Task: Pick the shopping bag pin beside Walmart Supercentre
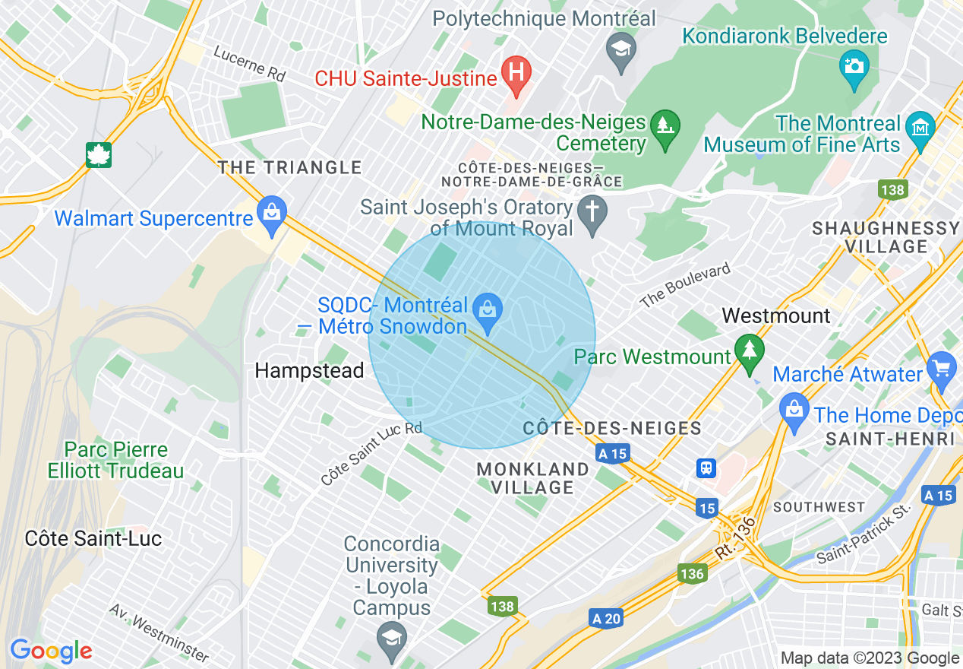pyautogui.click(x=271, y=216)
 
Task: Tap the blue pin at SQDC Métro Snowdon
pyautogui.click(x=488, y=311)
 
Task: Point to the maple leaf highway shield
pyautogui.click(x=99, y=154)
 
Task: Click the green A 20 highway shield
pyautogui.click(x=606, y=618)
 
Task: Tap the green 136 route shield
pyautogui.click(x=692, y=573)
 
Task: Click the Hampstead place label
pyautogui.click(x=309, y=370)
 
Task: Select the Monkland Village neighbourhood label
pyautogui.click(x=532, y=478)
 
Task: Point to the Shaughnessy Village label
pyautogui.click(x=886, y=237)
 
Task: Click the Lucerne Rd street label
pyautogui.click(x=249, y=65)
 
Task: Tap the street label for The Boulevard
pyautogui.click(x=684, y=285)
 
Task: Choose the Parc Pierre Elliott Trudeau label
pyautogui.click(x=115, y=460)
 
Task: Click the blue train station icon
pyautogui.click(x=706, y=468)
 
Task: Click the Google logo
pyautogui.click(x=51, y=651)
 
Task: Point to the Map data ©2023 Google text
pyautogui.click(x=870, y=658)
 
